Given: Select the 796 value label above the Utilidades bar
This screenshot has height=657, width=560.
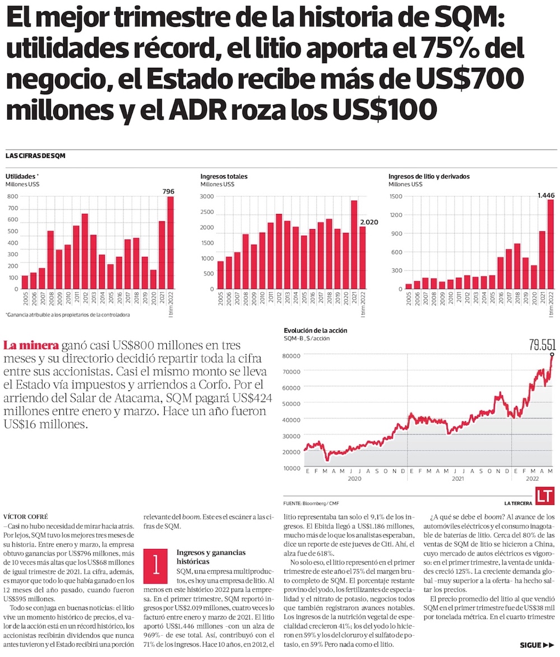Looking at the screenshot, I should (x=168, y=192).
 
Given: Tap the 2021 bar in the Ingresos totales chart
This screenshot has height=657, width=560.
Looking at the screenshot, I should (x=354, y=245).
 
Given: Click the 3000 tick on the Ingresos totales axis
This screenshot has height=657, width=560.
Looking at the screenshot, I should (x=207, y=197).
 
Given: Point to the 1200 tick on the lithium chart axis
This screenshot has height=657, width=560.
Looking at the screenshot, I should (x=396, y=215).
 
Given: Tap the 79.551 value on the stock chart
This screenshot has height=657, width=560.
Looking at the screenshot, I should (x=542, y=345).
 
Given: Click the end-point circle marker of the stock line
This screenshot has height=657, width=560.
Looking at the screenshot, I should (x=552, y=355).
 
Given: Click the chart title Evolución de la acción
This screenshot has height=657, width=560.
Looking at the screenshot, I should (x=315, y=330).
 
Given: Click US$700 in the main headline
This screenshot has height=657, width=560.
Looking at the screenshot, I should (x=475, y=79).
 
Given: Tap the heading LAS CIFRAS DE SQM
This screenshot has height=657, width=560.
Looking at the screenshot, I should (x=35, y=156).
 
